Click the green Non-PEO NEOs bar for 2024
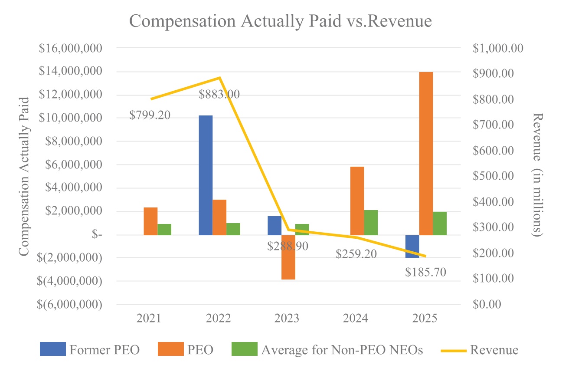(371, 222)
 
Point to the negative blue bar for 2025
(412, 246)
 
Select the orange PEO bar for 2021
(150, 221)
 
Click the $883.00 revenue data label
(219, 94)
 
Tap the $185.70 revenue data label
(425, 273)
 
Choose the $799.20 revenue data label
(150, 115)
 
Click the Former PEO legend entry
(90, 350)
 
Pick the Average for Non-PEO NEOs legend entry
(327, 350)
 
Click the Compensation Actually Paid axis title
(24, 176)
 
